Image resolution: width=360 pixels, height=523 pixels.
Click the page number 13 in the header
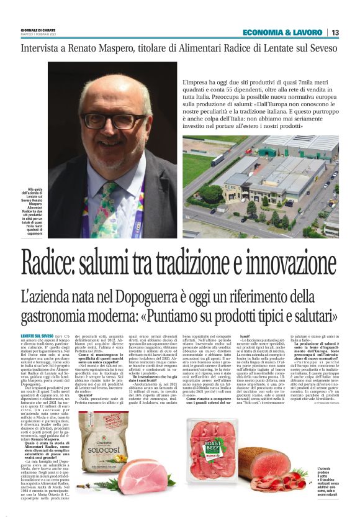(335, 32)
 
